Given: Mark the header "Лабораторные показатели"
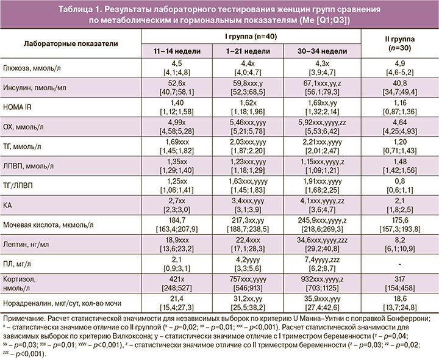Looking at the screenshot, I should tap(71, 44).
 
